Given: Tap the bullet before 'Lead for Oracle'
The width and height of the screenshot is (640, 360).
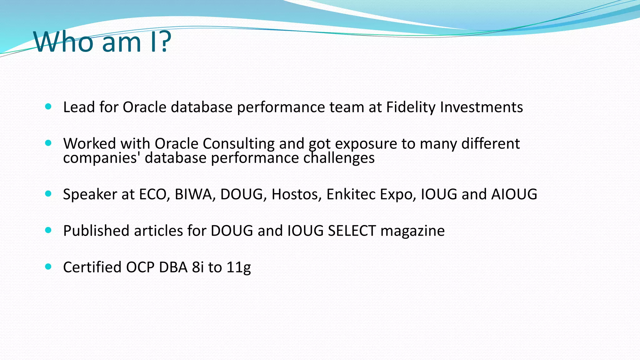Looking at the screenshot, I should click(x=48, y=107).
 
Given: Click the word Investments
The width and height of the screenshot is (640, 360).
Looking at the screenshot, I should click(x=481, y=107).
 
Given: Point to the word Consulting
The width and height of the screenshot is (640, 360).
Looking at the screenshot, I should click(x=238, y=144).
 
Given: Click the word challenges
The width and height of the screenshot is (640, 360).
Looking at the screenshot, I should click(x=339, y=157).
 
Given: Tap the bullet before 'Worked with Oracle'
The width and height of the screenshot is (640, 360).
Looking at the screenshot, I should click(x=48, y=143).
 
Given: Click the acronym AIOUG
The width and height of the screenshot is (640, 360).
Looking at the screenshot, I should click(x=514, y=194).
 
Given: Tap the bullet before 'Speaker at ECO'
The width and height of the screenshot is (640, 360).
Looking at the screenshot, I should click(x=48, y=194).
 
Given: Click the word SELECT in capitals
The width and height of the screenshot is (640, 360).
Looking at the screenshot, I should click(x=352, y=231).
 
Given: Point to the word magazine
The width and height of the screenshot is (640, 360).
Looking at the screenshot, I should click(x=412, y=231).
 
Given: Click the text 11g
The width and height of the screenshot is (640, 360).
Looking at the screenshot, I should click(x=238, y=267).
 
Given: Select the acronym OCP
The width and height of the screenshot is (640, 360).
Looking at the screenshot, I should click(x=140, y=267).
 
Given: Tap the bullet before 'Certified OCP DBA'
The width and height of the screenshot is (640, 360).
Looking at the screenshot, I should click(x=48, y=267).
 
